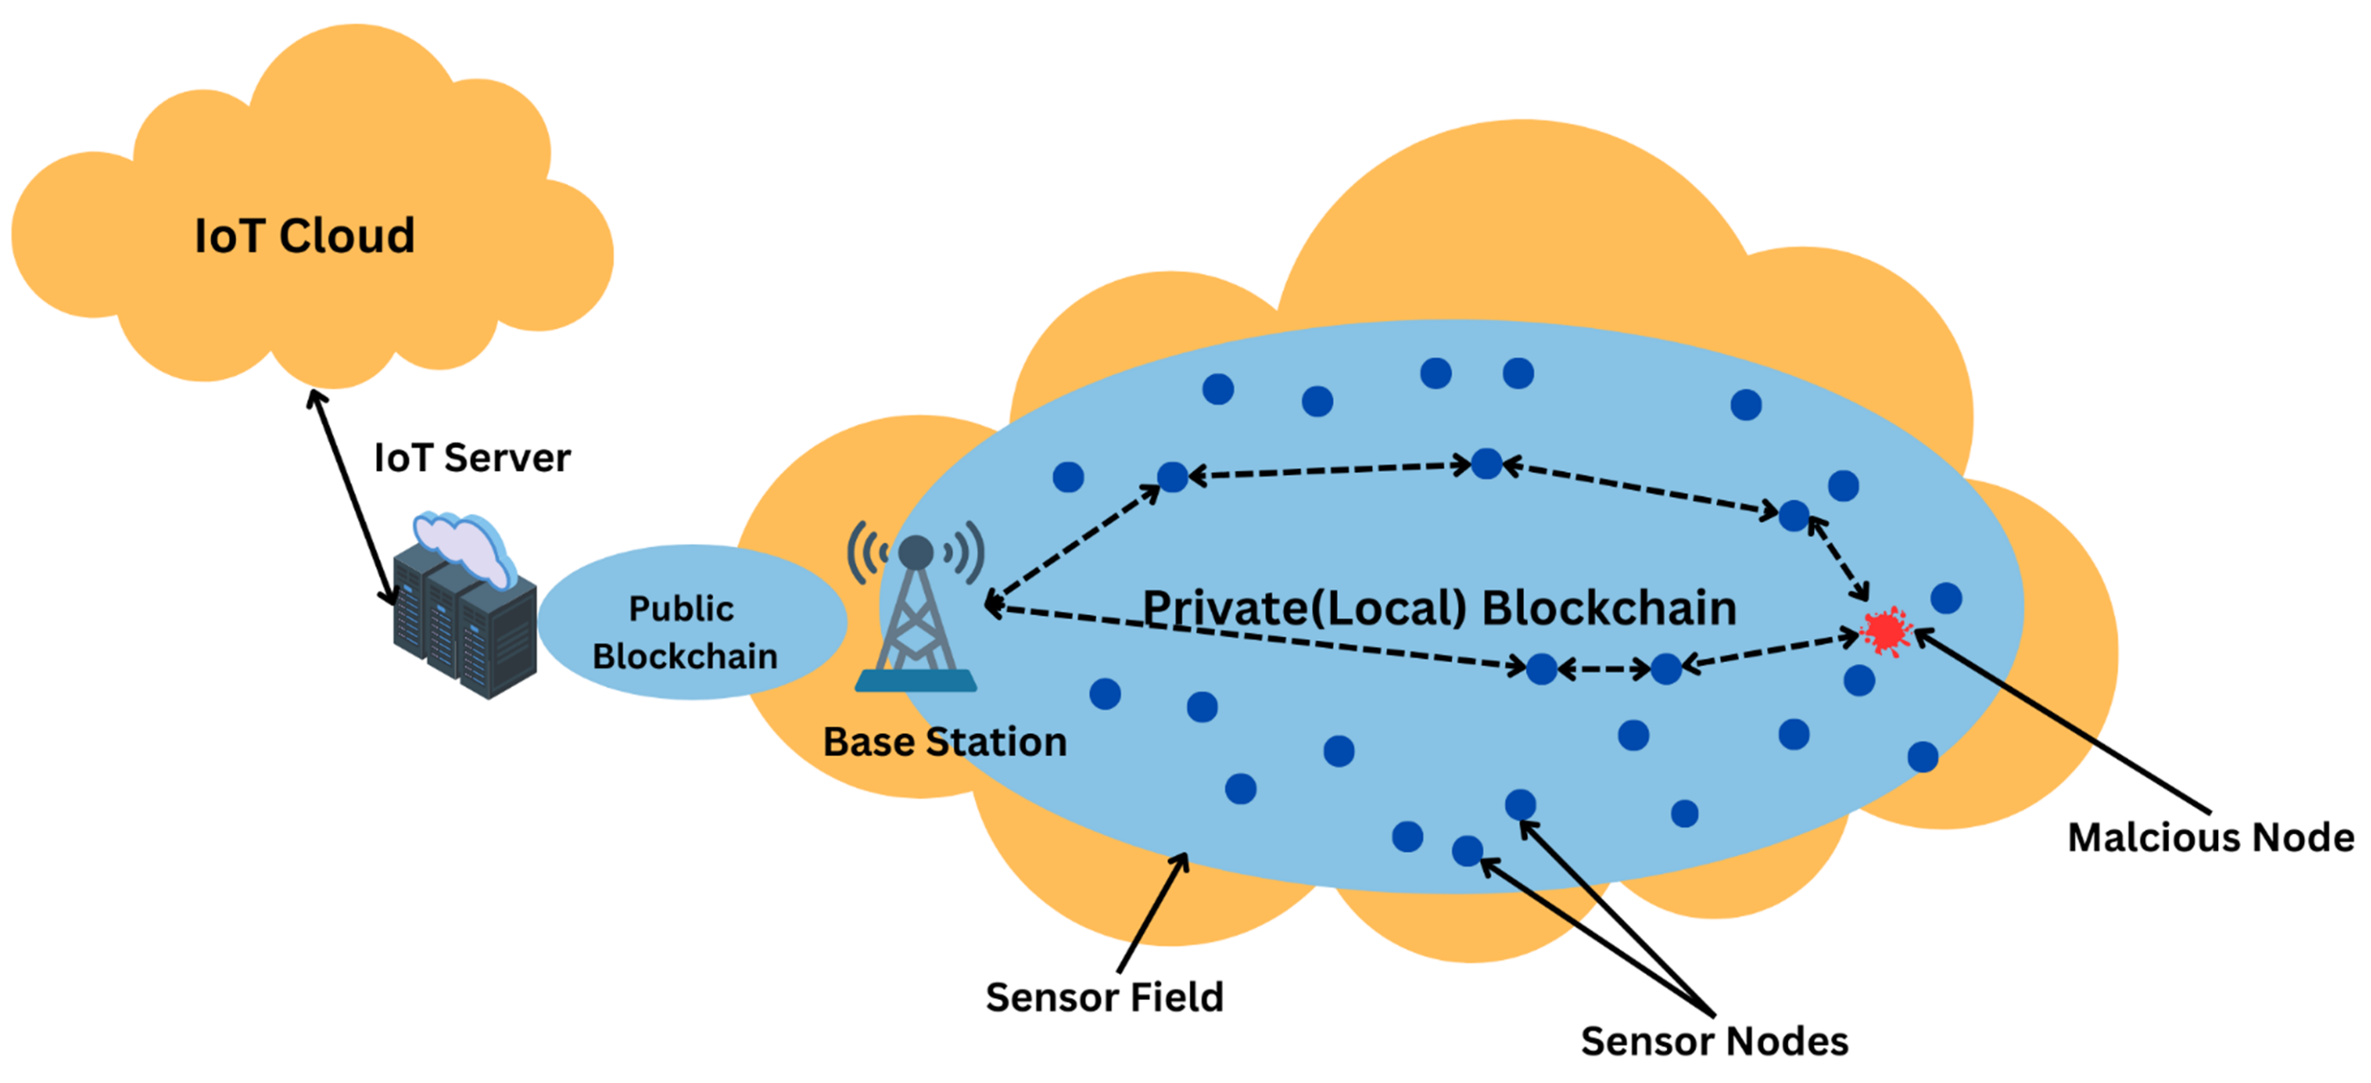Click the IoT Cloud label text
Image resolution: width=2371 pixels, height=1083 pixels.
(305, 236)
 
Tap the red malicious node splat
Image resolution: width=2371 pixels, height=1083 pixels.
(1885, 632)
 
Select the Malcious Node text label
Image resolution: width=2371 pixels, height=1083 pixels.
(2210, 838)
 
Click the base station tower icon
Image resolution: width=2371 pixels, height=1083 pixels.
(915, 617)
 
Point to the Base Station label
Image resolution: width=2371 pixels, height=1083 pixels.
(945, 742)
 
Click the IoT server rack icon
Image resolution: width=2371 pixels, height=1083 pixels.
(465, 627)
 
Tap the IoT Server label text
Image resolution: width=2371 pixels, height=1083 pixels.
(472, 458)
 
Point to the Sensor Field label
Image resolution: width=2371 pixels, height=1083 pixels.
(1103, 997)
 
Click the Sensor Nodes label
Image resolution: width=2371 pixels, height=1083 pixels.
(1714, 1042)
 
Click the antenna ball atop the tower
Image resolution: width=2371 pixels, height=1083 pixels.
(916, 553)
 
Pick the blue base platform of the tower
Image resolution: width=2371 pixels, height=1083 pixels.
(916, 681)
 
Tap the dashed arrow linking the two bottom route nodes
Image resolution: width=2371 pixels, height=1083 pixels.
(1605, 669)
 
